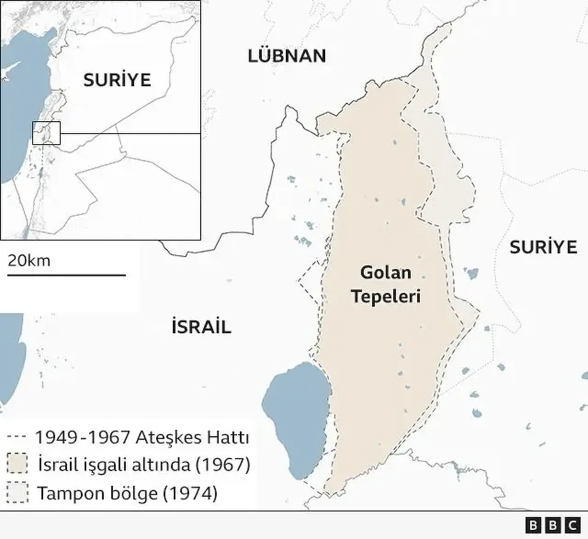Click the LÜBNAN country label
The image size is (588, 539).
pyautogui.click(x=287, y=56)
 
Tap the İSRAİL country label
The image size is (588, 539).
pyautogui.click(x=201, y=327)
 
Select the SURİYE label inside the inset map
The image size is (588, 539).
pyautogui.click(x=117, y=80)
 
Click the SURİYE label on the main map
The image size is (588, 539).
pyautogui.click(x=543, y=247)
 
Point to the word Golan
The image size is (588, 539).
pyautogui.click(x=385, y=273)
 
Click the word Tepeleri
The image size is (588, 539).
pyautogui.click(x=386, y=297)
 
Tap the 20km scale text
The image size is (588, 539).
pyautogui.click(x=29, y=261)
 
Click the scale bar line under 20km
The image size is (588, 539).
pyautogui.click(x=66, y=275)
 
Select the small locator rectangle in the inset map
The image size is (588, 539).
pyautogui.click(x=46, y=133)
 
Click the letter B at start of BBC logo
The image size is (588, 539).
pyautogui.click(x=533, y=525)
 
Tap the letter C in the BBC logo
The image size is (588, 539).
pyautogui.click(x=572, y=525)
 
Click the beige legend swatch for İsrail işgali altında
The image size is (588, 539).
pyautogui.click(x=17, y=465)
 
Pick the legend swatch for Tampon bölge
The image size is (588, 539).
pyautogui.click(x=17, y=493)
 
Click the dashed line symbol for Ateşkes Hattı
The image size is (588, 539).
pyautogui.click(x=17, y=437)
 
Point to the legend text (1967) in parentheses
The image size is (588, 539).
pyautogui.click(x=223, y=465)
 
